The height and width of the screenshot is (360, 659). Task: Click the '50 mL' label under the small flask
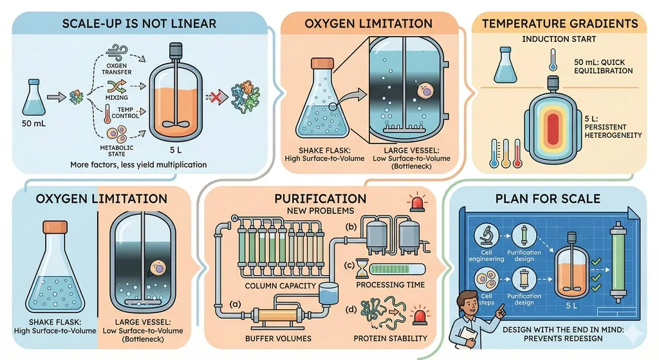33,124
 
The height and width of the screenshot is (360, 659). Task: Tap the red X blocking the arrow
215,98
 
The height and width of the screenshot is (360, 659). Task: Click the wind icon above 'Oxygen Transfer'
117,53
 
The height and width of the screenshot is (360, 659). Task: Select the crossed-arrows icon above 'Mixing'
116,86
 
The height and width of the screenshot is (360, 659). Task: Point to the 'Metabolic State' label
116,151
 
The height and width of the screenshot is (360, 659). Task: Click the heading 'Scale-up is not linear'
139,24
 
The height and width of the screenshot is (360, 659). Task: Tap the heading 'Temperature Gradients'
560,24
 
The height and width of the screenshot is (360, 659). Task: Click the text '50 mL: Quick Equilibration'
603,66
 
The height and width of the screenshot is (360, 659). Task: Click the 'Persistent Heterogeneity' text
613,131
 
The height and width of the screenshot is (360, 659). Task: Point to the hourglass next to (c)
362,269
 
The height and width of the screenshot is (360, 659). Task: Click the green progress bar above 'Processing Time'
398,269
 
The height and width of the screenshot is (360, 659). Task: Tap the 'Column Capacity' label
280,286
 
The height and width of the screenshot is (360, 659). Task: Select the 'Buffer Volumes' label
278,339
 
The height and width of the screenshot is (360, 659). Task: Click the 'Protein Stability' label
390,339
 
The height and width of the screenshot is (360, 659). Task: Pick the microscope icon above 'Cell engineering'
487,236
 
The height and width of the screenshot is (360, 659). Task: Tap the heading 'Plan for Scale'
548,198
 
